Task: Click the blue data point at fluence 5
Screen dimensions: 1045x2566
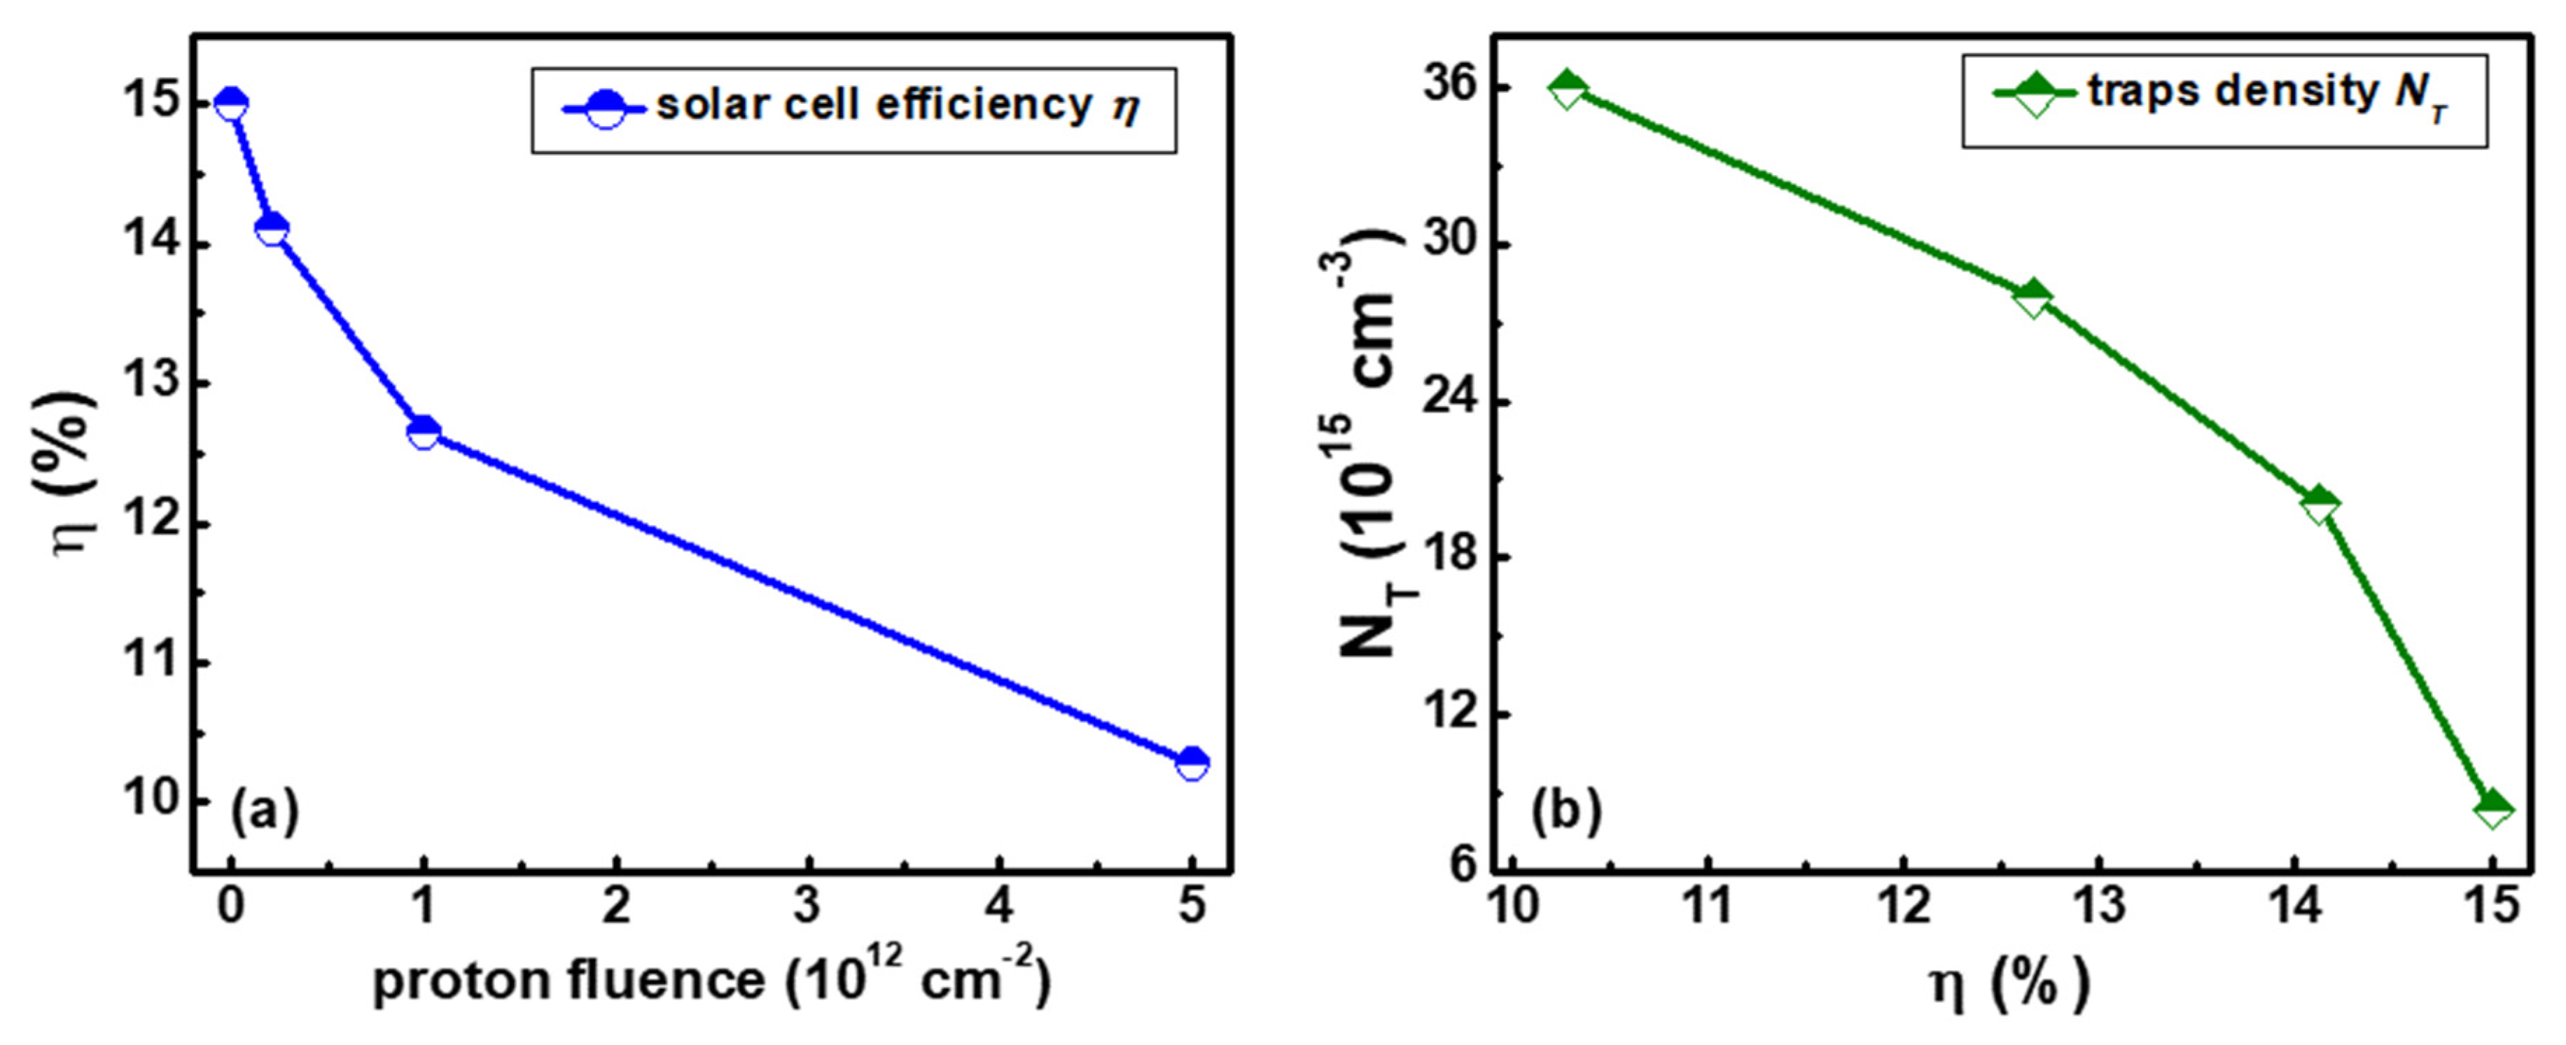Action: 1192,763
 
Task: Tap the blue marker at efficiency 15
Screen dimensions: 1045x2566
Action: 231,104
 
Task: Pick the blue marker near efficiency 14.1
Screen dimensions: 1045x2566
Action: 272,229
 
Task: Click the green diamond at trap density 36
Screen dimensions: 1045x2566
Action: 1567,90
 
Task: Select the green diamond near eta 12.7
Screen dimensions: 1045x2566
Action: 2033,299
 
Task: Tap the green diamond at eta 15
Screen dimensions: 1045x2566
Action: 2493,808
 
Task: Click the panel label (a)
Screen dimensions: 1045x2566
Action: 264,811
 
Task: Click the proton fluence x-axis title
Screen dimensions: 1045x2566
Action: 711,979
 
